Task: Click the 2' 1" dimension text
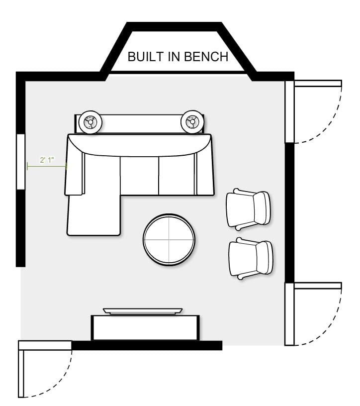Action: tap(47, 160)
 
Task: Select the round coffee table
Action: tap(169, 240)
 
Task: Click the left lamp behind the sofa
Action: tap(90, 122)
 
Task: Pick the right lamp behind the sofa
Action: tap(192, 122)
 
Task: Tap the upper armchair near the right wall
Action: tap(249, 209)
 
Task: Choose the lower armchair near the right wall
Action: tap(251, 258)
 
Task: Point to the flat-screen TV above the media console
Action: tap(143, 311)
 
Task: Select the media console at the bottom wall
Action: tap(145, 327)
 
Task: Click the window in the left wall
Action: tap(21, 162)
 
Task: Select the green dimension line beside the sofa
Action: tap(47, 166)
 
